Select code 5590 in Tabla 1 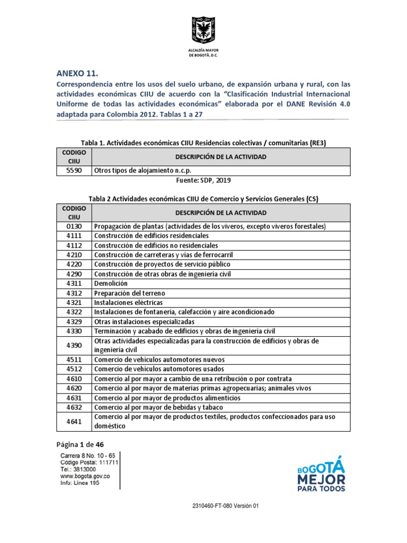point(74,171)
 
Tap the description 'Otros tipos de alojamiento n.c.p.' point(143,171)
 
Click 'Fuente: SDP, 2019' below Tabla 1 point(203,180)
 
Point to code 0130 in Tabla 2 point(74,226)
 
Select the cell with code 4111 point(74,236)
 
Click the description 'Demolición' point(111,284)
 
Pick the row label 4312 point(74,293)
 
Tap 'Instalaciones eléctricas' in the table point(128,303)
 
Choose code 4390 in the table point(74,346)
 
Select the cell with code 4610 point(74,379)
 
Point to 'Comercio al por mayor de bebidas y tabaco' point(158,407)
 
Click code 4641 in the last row point(74,422)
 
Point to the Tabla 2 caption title point(203,199)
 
